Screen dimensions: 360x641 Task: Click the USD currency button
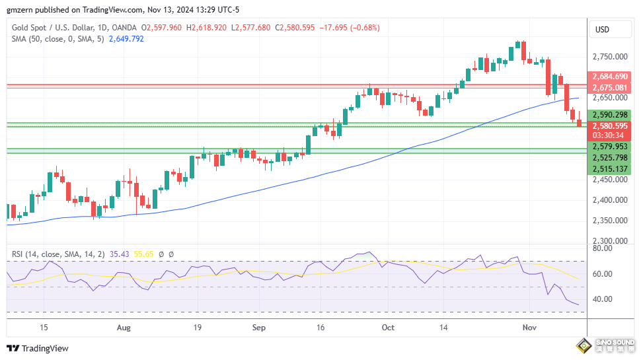(602, 29)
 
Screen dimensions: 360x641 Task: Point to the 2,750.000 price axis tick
(609, 57)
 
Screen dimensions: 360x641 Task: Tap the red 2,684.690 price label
(610, 77)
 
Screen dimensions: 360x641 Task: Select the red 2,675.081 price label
(610, 87)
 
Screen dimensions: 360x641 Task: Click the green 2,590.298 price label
(610, 114)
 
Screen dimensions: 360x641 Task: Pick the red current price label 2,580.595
(610, 126)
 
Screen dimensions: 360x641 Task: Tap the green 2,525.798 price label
(610, 158)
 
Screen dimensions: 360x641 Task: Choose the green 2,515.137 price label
(610, 169)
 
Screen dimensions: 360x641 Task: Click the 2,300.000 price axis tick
(609, 241)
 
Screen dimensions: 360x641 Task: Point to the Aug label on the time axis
(123, 327)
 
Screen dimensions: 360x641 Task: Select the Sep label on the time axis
(258, 327)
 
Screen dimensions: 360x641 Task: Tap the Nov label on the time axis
(529, 327)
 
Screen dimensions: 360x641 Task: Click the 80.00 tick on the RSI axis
(602, 248)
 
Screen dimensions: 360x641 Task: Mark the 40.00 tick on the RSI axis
(602, 299)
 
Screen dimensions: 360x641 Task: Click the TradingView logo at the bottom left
(38, 348)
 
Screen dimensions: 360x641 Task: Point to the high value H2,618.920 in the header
(206, 28)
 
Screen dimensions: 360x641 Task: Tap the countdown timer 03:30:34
(610, 135)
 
